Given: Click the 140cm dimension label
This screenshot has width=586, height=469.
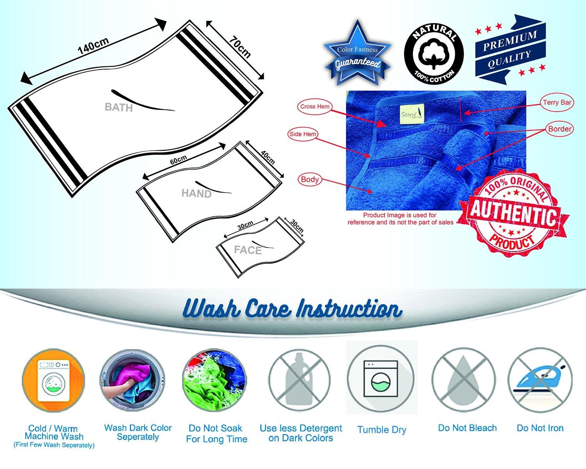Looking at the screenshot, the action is point(93,46).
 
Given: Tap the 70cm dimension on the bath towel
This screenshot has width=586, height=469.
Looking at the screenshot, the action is point(239,47).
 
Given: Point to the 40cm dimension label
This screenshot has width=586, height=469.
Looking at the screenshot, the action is point(268,158).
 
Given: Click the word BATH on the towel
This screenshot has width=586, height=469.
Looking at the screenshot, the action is point(119,107).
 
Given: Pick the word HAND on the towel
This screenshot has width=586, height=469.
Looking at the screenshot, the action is point(197,194).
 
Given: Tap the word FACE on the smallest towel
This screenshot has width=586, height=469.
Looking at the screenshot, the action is point(248,250).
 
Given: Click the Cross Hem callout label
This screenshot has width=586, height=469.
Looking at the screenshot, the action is point(315,107).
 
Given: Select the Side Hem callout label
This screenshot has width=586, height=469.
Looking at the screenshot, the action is point(303,134).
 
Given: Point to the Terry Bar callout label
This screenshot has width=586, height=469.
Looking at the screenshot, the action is point(557,102).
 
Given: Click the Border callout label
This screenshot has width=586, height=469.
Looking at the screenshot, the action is point(559,129).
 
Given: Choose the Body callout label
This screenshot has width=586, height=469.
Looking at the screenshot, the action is point(310,179).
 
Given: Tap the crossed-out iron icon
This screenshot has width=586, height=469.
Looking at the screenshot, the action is point(540,380).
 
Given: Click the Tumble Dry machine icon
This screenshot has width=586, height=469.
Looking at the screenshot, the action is point(381,379).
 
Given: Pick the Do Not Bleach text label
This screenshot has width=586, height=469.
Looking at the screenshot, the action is point(467,428).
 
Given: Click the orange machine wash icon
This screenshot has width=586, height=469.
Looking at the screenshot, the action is point(54,380).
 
